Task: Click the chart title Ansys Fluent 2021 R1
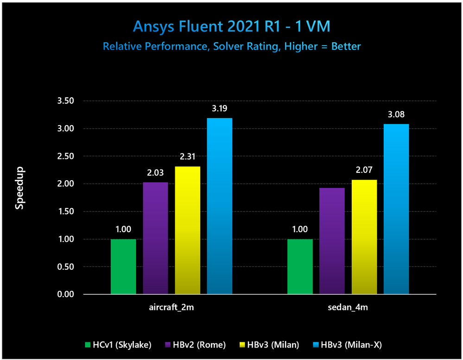click(231, 26)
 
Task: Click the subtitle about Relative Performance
click(231, 46)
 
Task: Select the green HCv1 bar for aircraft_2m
click(123, 266)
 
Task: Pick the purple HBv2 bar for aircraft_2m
click(155, 238)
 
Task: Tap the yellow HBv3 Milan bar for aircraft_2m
click(187, 230)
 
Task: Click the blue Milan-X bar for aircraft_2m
click(219, 206)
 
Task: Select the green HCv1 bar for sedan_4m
click(300, 266)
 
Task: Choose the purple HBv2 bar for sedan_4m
click(332, 241)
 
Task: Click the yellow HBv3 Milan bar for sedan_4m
click(364, 237)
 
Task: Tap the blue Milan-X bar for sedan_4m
click(396, 209)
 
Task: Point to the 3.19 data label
click(219, 109)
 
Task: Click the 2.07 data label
click(364, 171)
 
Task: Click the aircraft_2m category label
click(171, 308)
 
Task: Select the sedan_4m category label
click(348, 308)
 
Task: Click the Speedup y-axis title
click(20, 188)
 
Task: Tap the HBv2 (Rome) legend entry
click(195, 344)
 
